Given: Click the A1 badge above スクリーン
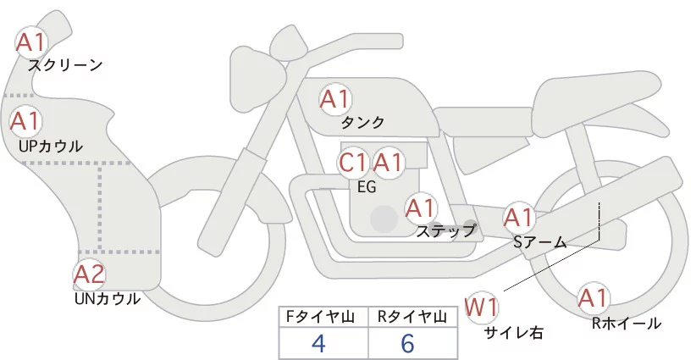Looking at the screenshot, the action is tap(32, 41).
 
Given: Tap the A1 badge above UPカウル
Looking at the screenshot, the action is tap(25, 121).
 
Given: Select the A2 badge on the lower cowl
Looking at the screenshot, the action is tap(89, 274).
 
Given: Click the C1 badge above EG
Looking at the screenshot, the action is tap(353, 162).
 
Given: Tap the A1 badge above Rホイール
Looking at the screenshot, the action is tap(593, 298).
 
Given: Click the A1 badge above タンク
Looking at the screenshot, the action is tap(334, 100).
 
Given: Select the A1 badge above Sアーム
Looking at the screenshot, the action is tap(519, 218).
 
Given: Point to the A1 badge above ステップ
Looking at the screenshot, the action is tap(420, 208).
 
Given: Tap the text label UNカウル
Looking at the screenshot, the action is tap(108, 298).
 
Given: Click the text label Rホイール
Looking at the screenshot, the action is tap(627, 323).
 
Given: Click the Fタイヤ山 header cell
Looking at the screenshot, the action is tap(323, 317).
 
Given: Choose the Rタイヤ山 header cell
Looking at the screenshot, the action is tap(415, 317).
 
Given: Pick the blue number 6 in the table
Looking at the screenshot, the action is tap(408, 344).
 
